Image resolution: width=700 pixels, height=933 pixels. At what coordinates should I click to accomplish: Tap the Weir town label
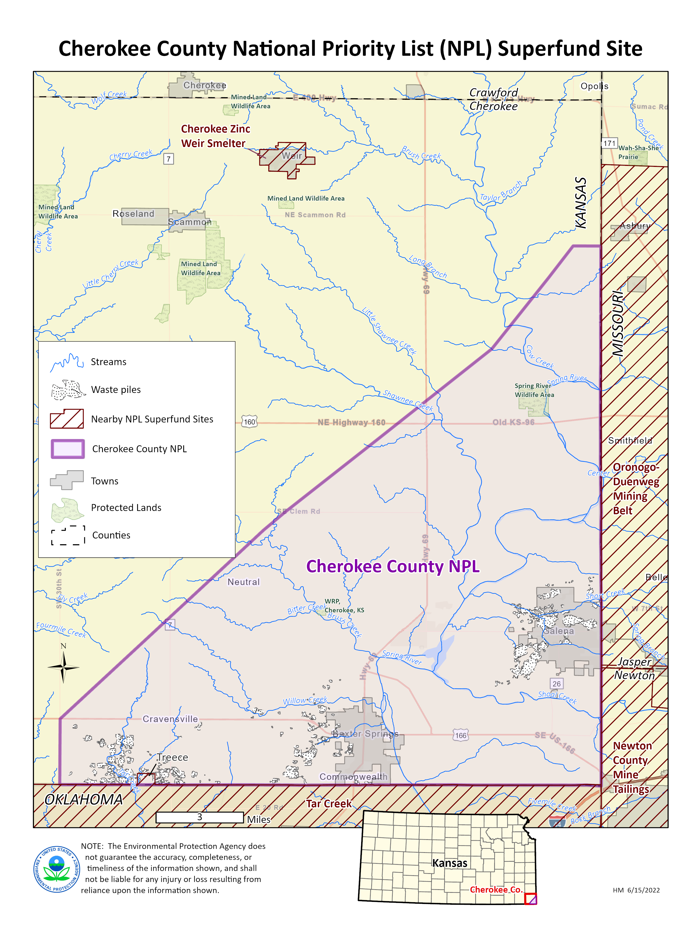[x=292, y=156]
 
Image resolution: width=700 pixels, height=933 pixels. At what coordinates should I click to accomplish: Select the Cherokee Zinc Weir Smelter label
[x=215, y=136]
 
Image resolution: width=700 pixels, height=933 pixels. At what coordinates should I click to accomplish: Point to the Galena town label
[x=558, y=631]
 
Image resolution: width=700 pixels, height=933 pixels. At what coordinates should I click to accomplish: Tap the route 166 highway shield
[x=460, y=735]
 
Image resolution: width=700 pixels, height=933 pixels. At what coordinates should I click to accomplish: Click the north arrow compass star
[x=63, y=667]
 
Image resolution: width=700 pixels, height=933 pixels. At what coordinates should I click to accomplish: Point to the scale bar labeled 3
[x=200, y=817]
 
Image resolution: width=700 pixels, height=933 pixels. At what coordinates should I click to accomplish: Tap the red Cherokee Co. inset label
[x=496, y=889]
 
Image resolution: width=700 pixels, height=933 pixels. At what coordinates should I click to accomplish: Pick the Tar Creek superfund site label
[x=329, y=803]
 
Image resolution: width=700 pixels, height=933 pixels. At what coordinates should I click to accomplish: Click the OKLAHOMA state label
[x=83, y=799]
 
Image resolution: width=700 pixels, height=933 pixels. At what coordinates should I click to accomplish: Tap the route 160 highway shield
[x=249, y=421]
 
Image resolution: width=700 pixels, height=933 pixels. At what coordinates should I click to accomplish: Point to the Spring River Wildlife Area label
[x=534, y=390]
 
